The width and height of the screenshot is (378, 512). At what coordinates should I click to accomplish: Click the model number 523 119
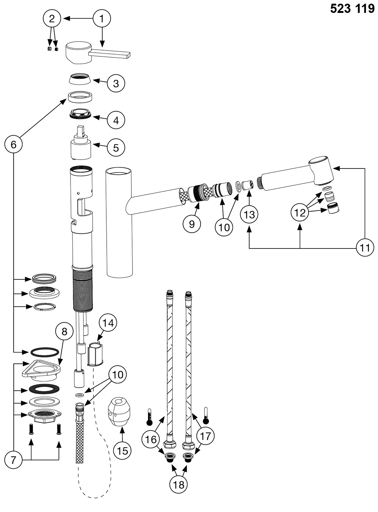pos(352,8)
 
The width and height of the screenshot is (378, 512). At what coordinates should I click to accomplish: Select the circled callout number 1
pos(102,18)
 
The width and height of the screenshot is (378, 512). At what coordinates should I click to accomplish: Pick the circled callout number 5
pos(116,148)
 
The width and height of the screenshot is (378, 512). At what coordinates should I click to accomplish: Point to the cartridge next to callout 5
pos(80,144)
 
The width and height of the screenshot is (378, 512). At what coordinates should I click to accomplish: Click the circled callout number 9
pos(192,224)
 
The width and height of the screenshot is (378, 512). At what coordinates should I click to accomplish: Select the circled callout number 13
pos(250,214)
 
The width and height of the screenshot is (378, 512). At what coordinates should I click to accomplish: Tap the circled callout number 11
pos(365,248)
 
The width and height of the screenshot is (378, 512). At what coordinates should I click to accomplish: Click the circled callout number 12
pos(300,213)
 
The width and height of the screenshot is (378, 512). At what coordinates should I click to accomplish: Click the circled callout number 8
pos(65,331)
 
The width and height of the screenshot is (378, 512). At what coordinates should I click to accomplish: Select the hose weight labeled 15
pos(118,412)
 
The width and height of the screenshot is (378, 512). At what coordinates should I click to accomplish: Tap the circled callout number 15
pos(122,450)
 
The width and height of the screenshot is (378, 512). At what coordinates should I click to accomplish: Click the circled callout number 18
pos(179,484)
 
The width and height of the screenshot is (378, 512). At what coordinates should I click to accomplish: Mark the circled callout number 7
pos(13,460)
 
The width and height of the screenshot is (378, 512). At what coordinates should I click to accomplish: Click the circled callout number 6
pos(13,144)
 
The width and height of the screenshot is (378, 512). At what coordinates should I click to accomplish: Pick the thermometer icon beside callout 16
pos(150,417)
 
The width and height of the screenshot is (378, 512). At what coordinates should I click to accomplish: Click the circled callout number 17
pos(205,436)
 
